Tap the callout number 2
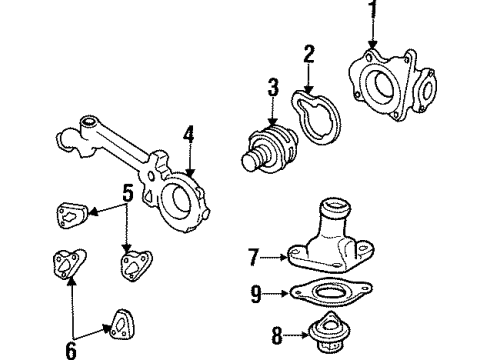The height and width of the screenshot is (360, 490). coord(309,54)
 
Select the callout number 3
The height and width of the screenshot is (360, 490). coord(273,87)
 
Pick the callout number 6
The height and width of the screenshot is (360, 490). coord(71,350)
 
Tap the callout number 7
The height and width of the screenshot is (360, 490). coord(253,257)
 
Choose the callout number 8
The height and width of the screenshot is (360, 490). coord(277,335)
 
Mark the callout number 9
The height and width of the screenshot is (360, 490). coord(256,293)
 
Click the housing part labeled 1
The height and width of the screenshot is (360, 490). coord(393,85)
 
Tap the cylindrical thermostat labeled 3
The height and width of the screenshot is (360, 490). coord(269,149)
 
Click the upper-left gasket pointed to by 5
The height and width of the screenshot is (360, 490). coord(71,216)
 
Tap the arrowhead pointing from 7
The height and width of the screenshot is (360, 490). coord(283,257)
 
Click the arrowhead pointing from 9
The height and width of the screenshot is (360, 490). coord(284,293)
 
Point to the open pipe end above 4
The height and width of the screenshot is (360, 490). coord(88,121)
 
